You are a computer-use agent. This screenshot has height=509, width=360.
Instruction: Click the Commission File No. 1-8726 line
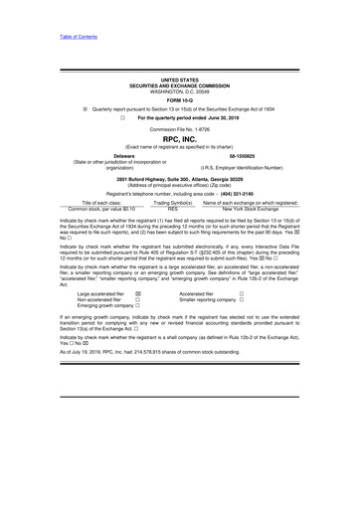click(x=179, y=128)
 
